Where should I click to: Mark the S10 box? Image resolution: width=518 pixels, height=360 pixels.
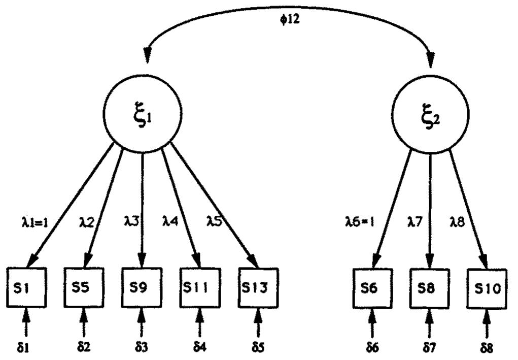coord(488,288)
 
